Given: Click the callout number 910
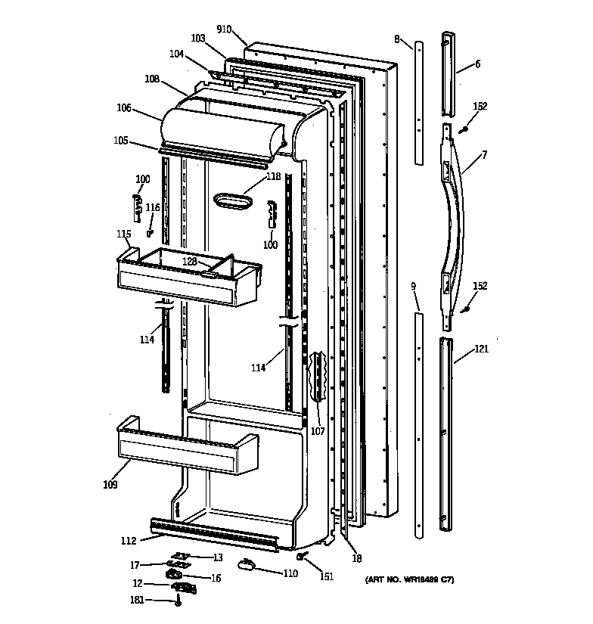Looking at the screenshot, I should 223,30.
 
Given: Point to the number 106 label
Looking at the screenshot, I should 123,109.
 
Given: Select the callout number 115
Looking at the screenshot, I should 123,234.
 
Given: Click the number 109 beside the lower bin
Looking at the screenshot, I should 110,485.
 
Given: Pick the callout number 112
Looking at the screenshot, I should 129,540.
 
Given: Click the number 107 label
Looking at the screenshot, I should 317,431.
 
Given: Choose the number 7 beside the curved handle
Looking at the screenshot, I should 483,155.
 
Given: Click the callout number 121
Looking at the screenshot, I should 481,349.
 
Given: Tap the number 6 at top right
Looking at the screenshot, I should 477,64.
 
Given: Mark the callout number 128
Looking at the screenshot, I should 189,261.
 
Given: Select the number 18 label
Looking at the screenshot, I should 356,559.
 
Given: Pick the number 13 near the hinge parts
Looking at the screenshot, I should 218,557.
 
